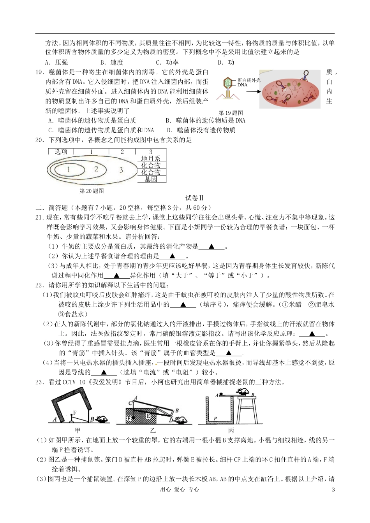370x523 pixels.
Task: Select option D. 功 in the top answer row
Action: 226,62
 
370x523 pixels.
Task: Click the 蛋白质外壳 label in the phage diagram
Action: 249,80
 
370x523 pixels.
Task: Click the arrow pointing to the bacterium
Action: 253,92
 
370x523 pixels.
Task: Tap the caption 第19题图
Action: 231,113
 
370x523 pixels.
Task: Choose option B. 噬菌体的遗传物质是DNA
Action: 205,121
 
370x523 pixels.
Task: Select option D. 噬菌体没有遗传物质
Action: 201,130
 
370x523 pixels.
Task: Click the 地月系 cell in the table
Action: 151,158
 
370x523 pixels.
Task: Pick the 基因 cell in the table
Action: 151,179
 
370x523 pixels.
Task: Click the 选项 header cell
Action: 61,152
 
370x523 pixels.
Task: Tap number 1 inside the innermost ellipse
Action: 69,169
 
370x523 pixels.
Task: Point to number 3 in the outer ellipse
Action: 121,170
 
